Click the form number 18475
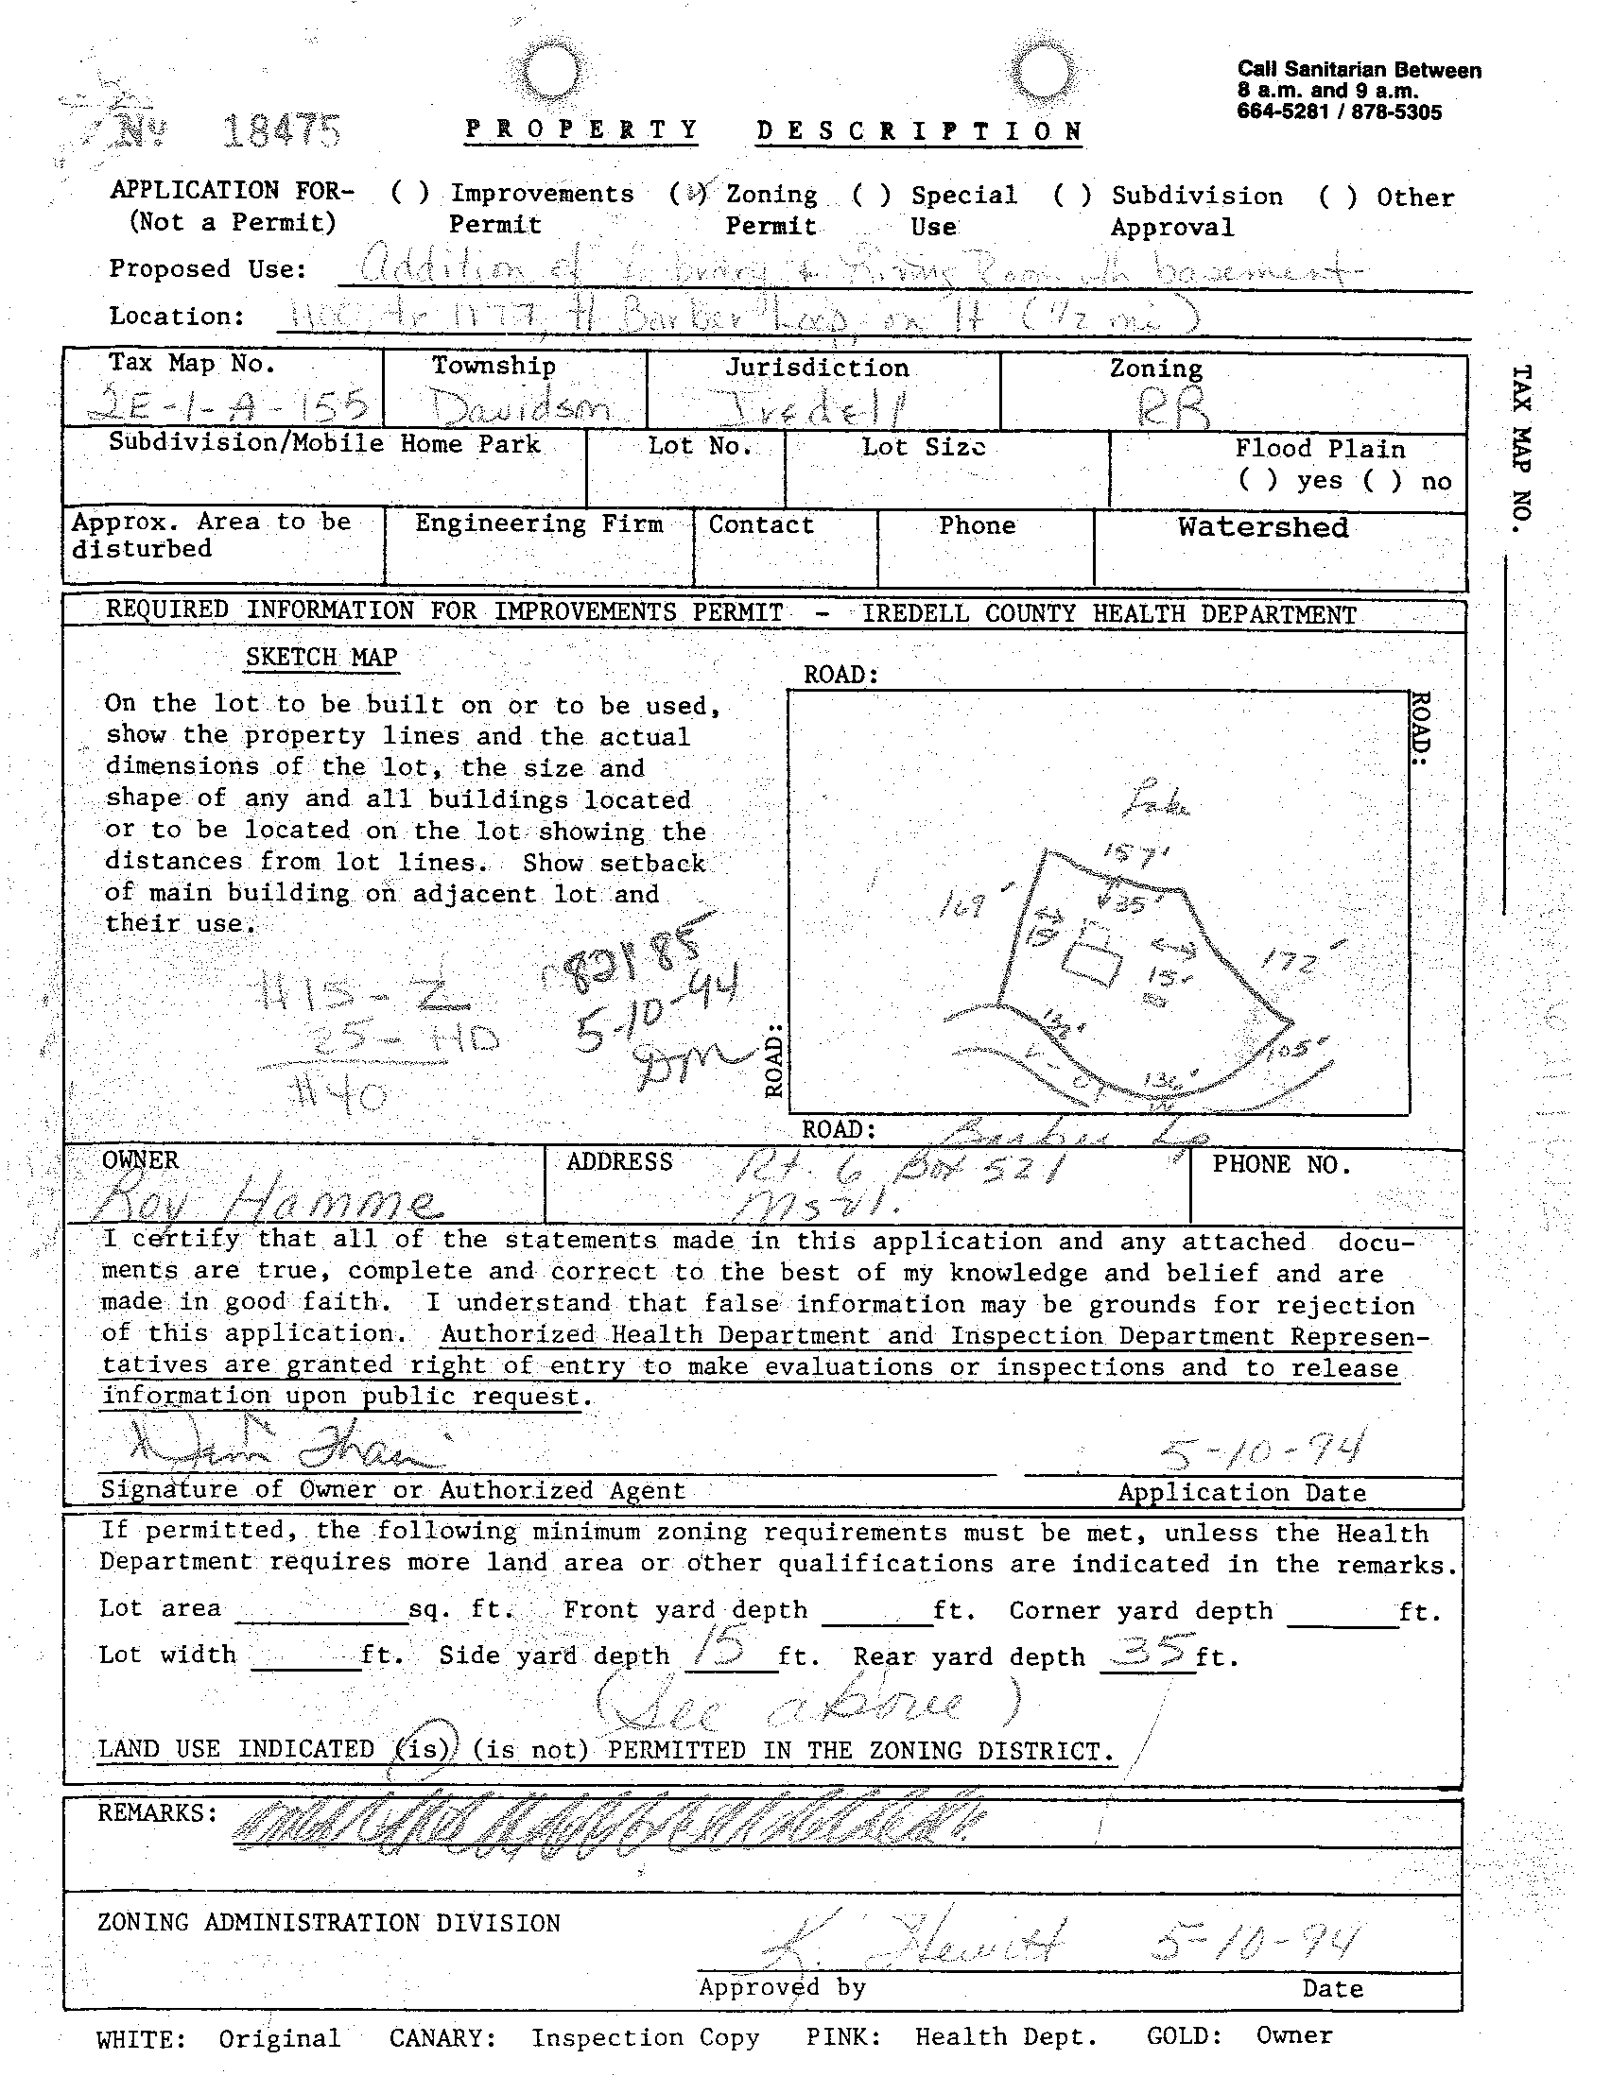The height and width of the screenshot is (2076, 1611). point(280,130)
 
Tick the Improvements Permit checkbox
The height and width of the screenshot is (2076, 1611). point(410,193)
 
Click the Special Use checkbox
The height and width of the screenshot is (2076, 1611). point(871,195)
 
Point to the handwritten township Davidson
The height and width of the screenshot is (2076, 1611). point(519,407)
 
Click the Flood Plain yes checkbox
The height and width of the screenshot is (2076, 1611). point(1257,480)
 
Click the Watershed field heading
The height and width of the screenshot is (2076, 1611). point(1262,526)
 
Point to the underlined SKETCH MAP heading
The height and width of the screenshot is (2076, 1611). point(320,657)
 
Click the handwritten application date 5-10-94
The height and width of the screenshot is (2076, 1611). point(1262,1449)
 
